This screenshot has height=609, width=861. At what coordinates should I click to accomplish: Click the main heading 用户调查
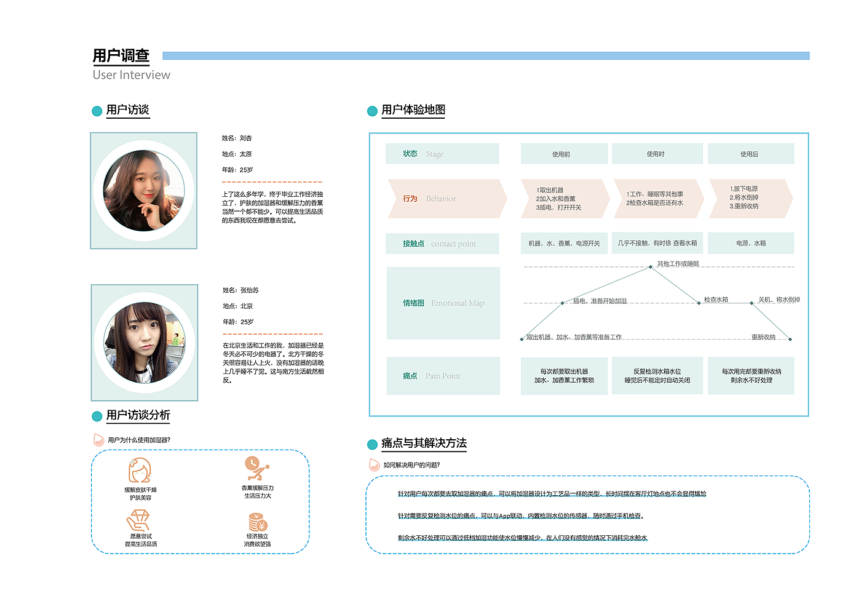121,56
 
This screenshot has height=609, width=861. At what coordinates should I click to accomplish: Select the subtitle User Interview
131,75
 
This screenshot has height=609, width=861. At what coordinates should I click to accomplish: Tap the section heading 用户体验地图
413,110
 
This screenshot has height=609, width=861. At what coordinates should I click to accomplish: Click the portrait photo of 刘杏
144,191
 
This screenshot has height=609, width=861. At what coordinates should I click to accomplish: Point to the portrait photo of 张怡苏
145,343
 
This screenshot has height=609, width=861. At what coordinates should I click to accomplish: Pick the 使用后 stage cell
750,154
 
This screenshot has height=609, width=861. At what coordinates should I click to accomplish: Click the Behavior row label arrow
446,199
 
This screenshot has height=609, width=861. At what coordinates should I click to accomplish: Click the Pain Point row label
442,376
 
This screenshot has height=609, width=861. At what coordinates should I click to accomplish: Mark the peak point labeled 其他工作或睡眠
651,267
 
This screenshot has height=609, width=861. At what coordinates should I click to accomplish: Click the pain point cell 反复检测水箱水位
657,376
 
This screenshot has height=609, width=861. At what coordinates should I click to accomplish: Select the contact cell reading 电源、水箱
750,243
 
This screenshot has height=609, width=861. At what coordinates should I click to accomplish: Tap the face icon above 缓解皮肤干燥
140,471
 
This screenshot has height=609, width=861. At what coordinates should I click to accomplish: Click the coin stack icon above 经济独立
258,522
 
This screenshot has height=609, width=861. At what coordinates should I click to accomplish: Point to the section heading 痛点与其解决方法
424,444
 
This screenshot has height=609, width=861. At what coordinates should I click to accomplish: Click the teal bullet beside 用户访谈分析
97,416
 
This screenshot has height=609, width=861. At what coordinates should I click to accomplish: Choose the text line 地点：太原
237,154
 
